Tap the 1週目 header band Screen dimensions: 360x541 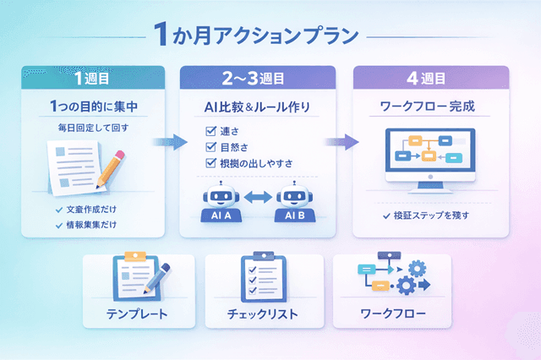tap(91, 79)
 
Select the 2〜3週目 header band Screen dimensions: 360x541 tap(257, 79)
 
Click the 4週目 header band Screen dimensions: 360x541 tap(430, 79)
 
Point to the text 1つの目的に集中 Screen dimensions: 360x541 tap(91, 107)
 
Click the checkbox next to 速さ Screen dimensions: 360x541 tap(211, 131)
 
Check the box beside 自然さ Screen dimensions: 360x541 tap(211, 147)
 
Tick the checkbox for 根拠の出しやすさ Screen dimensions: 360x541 tap(211, 163)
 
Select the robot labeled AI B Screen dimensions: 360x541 tap(295, 200)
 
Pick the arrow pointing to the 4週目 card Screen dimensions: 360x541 tap(338, 142)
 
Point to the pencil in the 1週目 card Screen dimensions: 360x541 tap(112, 168)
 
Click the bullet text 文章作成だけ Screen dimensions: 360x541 tap(96, 209)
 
